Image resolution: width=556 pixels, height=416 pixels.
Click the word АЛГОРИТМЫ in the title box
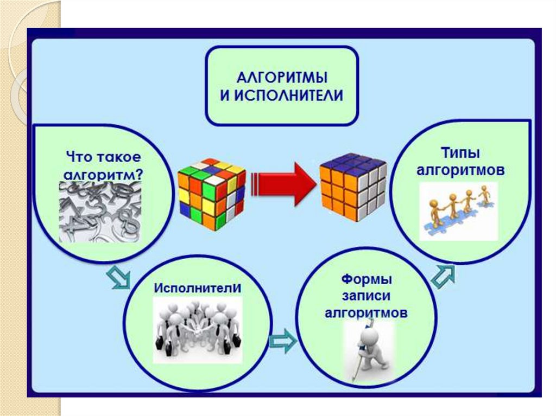(281, 74)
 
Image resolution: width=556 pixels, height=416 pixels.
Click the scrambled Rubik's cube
(211, 193)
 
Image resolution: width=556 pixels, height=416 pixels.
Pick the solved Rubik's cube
(353, 187)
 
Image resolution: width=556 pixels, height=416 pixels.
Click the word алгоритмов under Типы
(460, 171)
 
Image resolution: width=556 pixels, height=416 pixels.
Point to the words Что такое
(103, 157)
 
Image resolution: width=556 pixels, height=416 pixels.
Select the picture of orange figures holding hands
(459, 211)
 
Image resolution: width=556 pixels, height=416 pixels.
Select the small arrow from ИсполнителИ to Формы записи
(282, 341)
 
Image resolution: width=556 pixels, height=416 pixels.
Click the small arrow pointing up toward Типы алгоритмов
(444, 276)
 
